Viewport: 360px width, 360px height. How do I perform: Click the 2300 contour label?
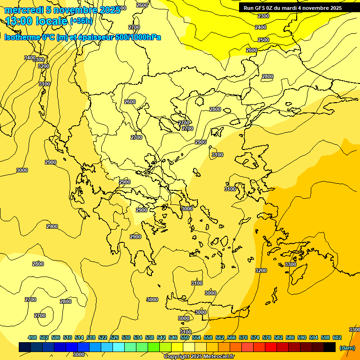point(263,16)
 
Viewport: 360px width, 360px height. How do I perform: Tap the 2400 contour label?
point(261,27)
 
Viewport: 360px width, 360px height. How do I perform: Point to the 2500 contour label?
point(263,40)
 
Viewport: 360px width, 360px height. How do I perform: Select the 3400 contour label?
point(30,58)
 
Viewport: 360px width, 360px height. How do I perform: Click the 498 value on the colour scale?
point(32,337)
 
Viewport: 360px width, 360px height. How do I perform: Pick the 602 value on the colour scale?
point(337,337)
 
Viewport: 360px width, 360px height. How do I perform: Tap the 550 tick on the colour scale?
point(185,337)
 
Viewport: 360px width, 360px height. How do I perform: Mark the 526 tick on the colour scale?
point(114,337)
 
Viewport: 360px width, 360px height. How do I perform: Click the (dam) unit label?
point(347,347)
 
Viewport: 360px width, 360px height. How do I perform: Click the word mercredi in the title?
point(24,10)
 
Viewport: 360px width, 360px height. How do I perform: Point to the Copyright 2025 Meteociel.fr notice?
point(199,356)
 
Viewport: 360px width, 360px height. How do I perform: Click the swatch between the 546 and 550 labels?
point(177,347)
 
